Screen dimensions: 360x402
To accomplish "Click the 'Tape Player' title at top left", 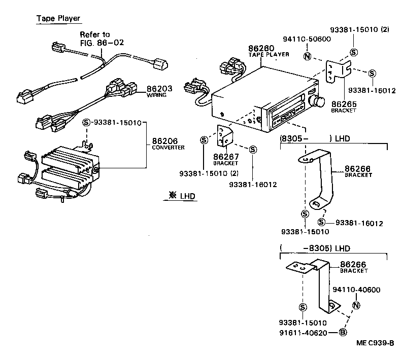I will coord(58,19).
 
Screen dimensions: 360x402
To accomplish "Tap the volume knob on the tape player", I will coord(319,101).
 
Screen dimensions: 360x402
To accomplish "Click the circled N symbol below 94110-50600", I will coord(307,56).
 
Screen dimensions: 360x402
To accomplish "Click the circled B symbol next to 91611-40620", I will coord(343,333).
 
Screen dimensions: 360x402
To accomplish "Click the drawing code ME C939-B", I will coord(375,343).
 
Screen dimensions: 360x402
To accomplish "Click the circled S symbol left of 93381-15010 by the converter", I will coord(86,122).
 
